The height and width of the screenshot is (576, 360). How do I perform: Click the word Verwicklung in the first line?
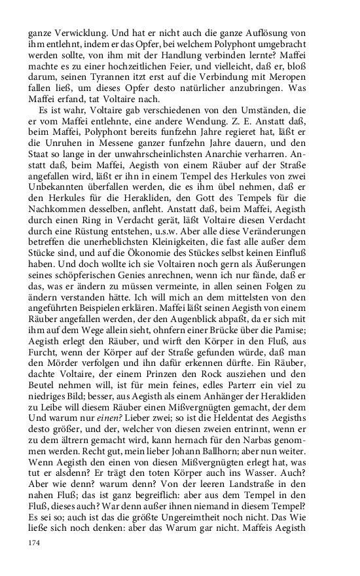click(75, 29)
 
